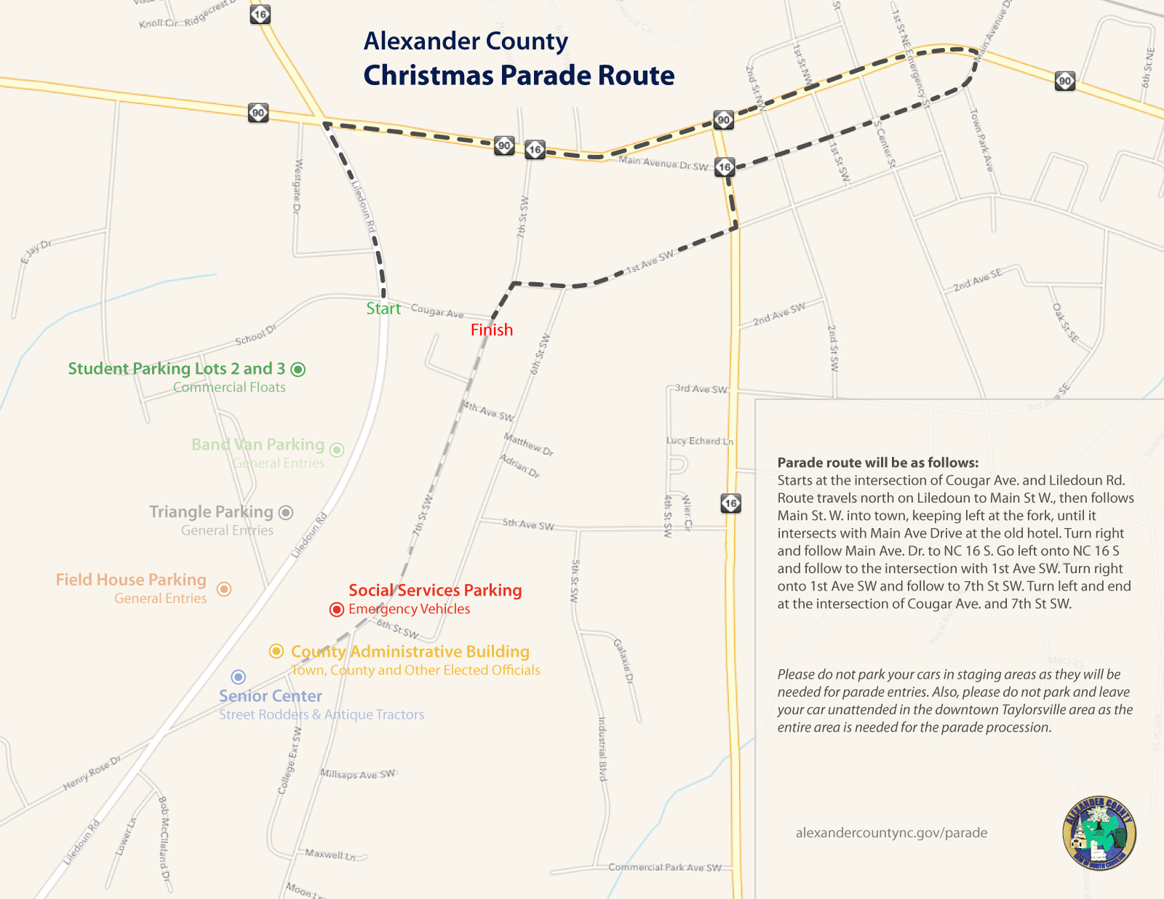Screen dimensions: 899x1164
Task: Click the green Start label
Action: pos(383,308)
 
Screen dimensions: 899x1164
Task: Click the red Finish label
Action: pos(492,329)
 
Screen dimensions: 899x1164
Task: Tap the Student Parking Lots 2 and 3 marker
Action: pos(298,369)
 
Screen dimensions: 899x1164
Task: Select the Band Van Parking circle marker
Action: pos(337,450)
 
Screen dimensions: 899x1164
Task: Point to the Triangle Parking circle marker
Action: pos(286,513)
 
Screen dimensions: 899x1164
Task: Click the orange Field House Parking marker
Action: pos(225,588)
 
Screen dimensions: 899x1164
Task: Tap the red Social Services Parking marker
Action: pos(336,610)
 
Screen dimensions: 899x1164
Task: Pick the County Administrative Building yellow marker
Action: pos(276,651)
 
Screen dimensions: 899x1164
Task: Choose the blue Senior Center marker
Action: pos(238,677)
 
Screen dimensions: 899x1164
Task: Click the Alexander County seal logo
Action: pos(1099,832)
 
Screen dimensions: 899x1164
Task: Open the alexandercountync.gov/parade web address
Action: pos(891,833)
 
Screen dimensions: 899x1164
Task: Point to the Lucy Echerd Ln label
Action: pos(700,441)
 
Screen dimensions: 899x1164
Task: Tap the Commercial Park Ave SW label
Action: pos(665,867)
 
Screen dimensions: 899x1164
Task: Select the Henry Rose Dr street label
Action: pos(92,773)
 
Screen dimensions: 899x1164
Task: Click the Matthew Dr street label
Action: pos(529,444)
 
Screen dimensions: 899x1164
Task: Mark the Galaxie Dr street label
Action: pos(623,660)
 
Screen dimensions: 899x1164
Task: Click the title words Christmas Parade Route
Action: pos(519,76)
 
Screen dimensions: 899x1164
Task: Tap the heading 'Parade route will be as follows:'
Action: pos(878,463)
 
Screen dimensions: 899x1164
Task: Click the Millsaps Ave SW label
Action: pos(358,774)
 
